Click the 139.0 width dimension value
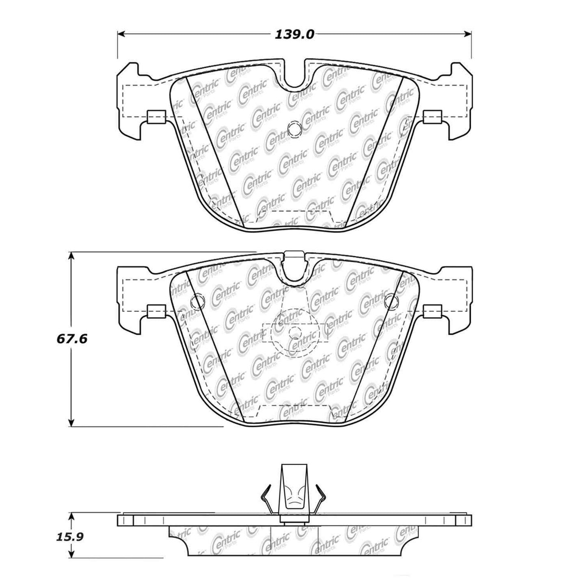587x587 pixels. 295,35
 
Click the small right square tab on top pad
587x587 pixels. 432,117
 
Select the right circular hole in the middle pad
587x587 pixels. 391,301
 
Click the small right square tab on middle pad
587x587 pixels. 432,311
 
